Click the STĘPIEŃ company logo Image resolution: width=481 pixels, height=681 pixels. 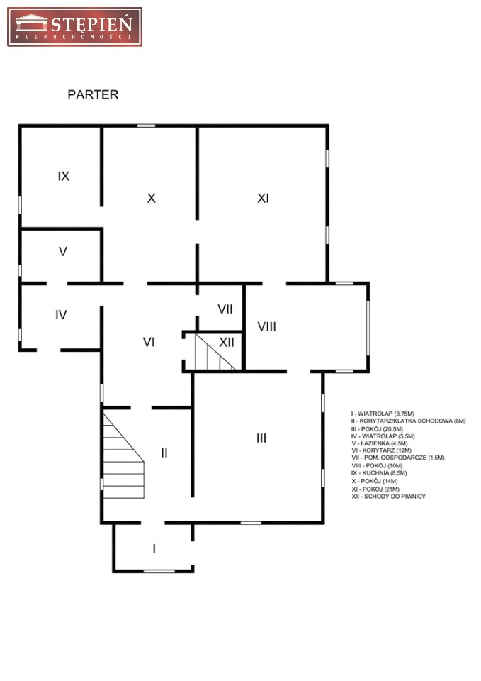coord(74,26)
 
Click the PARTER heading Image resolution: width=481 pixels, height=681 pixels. coord(93,94)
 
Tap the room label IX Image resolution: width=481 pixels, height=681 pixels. coord(63,176)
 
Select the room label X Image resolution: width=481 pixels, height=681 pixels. coord(151,198)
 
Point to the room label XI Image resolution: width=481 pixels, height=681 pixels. coord(263,198)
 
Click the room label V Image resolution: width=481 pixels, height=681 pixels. coord(63,251)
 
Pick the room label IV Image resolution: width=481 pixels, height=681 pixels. coord(61,314)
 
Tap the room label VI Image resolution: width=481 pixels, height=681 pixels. coord(149,342)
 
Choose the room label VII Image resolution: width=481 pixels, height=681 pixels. coord(225,309)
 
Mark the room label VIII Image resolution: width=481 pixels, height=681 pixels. coord(267,326)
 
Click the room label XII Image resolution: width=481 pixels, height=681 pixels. coord(227,342)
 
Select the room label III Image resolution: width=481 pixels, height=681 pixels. coord(261,438)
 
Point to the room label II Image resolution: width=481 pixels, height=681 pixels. coord(164,453)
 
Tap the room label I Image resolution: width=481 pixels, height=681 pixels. coord(154,549)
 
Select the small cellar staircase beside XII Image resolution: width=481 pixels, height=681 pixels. coord(215,352)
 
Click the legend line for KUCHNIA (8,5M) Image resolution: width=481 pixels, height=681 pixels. coord(379,473)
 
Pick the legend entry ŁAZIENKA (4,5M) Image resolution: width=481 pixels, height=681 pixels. coord(380,443)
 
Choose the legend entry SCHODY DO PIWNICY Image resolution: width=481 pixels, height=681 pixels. coord(389,497)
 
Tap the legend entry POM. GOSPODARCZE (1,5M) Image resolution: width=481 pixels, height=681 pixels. coord(398,458)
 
